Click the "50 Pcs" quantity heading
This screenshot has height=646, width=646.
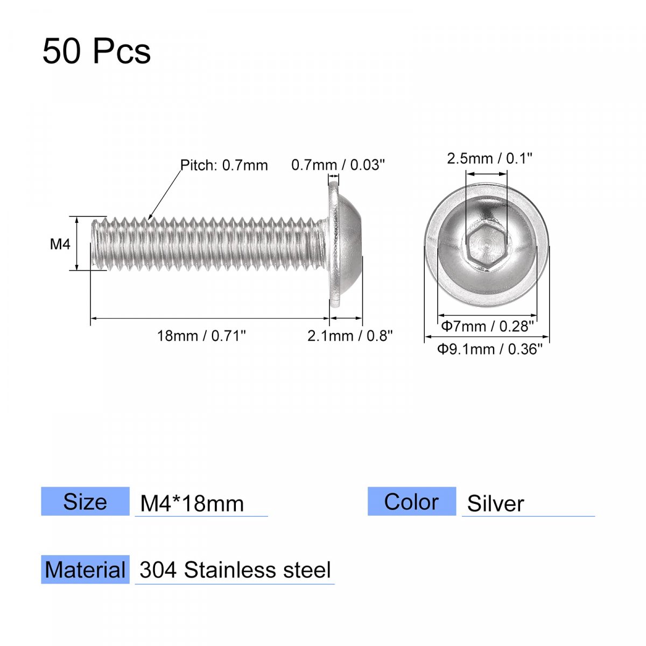[96, 52]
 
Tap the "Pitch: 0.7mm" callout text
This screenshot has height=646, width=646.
[224, 165]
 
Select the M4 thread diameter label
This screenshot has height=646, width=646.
[60, 244]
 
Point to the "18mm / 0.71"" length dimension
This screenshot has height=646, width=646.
[201, 336]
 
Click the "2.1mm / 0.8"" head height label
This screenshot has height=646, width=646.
[350, 336]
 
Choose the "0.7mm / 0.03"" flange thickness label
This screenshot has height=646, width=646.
[338, 165]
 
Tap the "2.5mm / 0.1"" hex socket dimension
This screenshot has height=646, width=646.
[489, 159]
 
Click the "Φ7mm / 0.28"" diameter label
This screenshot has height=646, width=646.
[487, 326]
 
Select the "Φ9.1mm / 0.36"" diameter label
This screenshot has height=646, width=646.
[489, 349]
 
